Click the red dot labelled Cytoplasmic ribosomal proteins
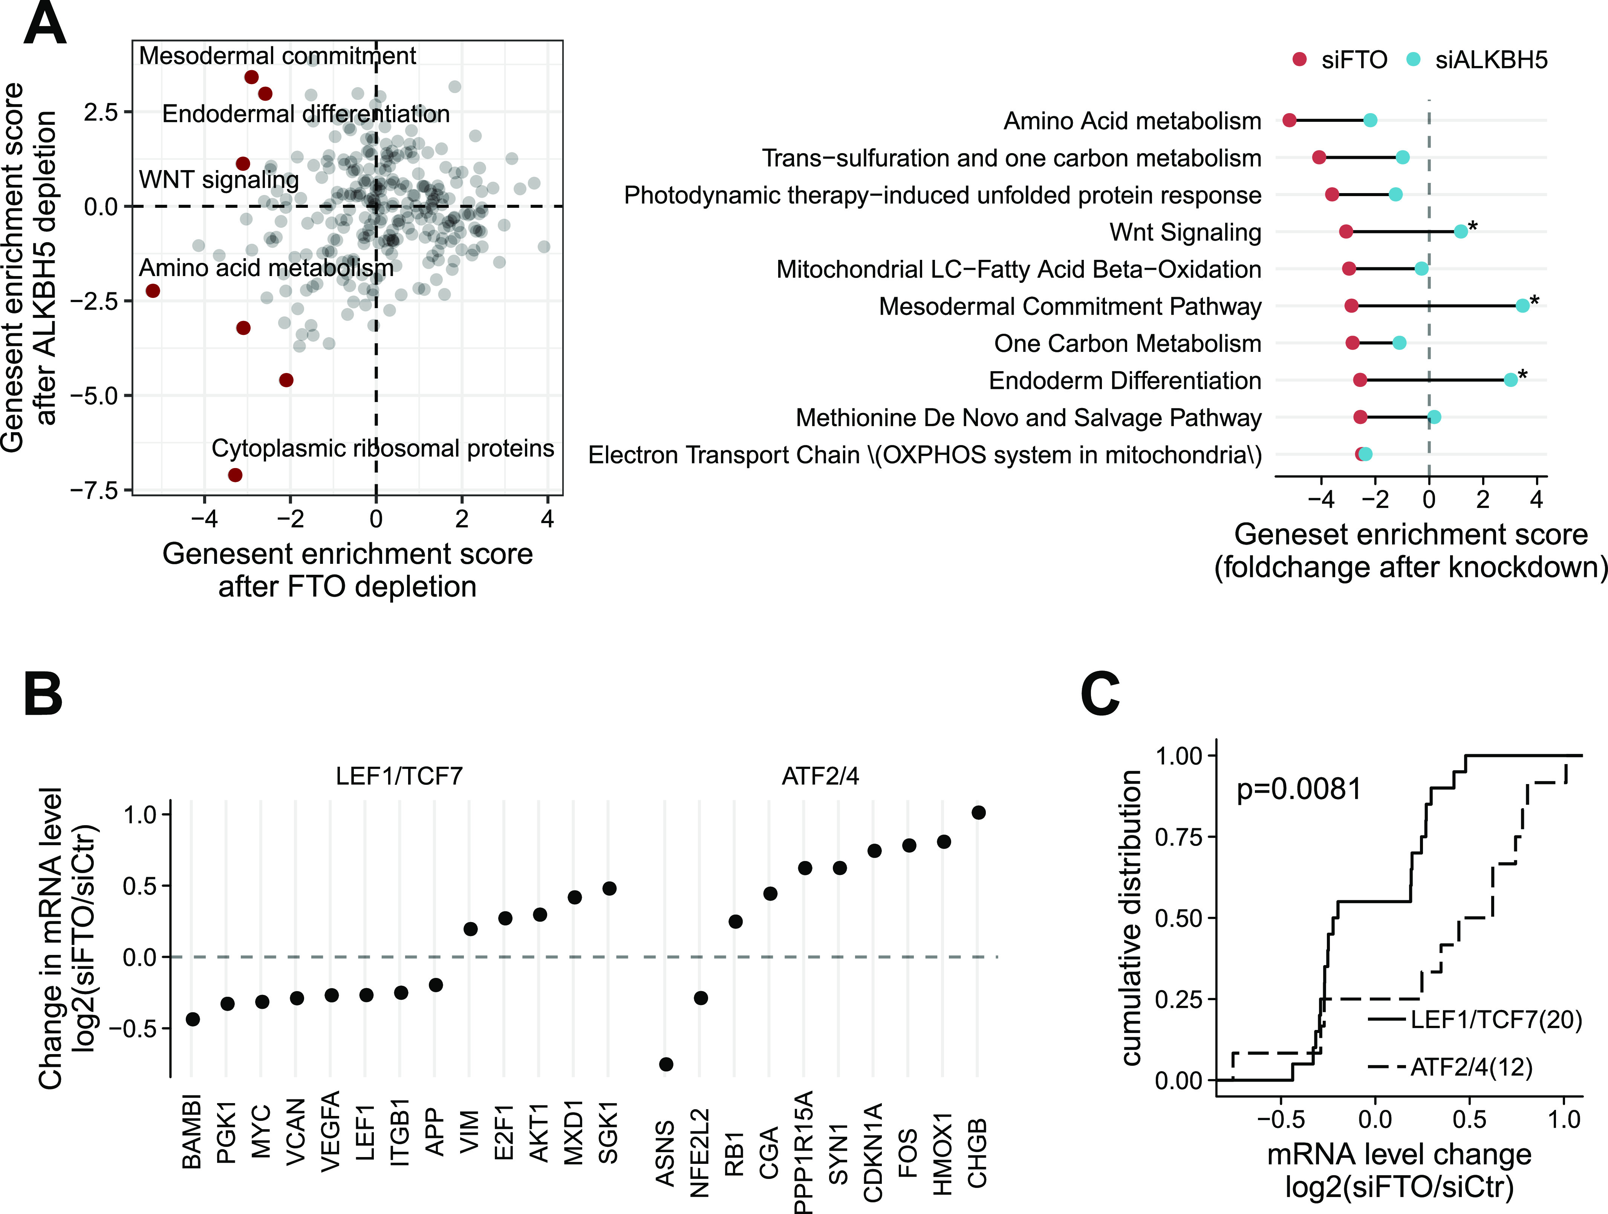tap(235, 475)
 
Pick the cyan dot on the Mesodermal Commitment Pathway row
tap(1522, 306)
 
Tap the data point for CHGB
tap(978, 812)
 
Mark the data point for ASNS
tap(665, 1064)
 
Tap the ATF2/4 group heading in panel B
tap(820, 777)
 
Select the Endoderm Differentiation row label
tap(1125, 381)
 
